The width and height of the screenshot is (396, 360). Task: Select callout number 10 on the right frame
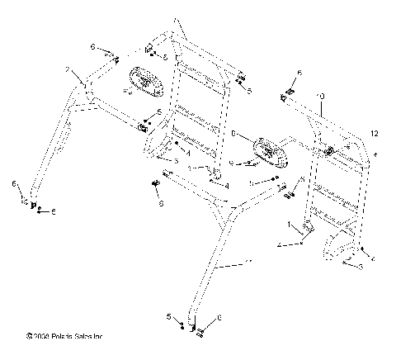(321, 97)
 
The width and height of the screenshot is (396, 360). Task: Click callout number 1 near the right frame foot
(288, 225)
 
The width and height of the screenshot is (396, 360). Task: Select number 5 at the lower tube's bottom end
(168, 316)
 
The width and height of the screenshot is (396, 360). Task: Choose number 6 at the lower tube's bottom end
(219, 317)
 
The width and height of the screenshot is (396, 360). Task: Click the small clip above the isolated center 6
(157, 183)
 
